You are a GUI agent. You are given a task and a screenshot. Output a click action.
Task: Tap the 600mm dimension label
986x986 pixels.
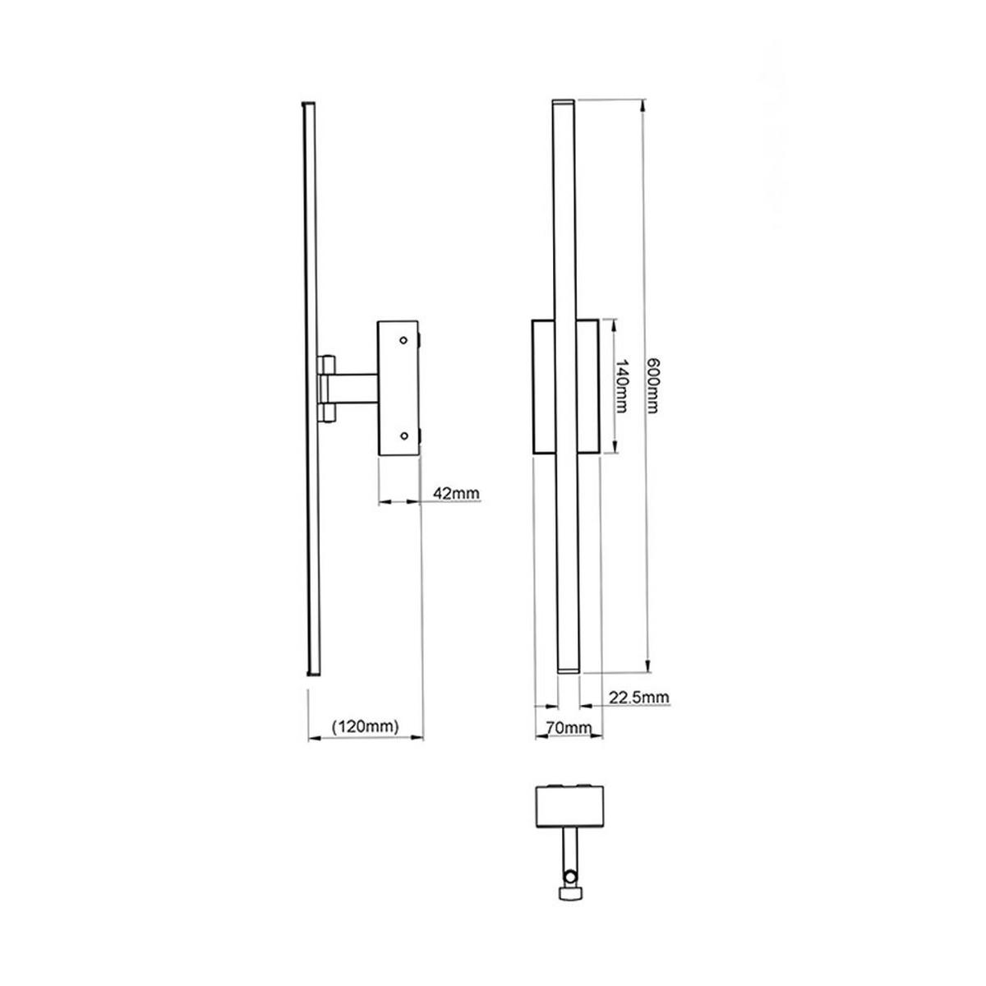click(x=653, y=386)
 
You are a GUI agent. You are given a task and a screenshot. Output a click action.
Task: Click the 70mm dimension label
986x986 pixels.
click(x=568, y=727)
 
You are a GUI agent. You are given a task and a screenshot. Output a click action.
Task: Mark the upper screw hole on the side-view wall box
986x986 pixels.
click(x=403, y=339)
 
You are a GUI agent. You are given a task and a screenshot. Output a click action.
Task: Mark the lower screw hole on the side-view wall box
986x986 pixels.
click(x=403, y=435)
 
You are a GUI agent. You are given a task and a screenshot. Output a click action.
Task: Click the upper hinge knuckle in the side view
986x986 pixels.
click(x=326, y=364)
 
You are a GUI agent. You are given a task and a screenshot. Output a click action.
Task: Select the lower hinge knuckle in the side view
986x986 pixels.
click(x=326, y=412)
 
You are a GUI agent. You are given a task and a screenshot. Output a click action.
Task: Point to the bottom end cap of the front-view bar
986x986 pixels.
click(x=567, y=670)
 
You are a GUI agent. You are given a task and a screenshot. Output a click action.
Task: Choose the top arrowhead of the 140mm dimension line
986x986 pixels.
click(x=614, y=324)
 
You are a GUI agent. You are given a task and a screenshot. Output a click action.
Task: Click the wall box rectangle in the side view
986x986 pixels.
click(x=398, y=387)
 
